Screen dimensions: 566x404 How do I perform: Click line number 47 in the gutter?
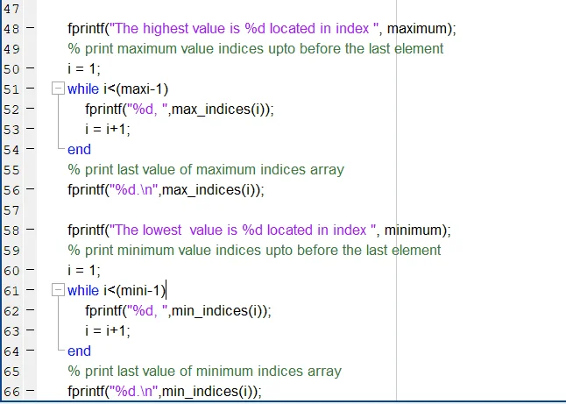11,8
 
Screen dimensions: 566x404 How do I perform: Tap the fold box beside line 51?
58,89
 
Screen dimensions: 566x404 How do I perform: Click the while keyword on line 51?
83,89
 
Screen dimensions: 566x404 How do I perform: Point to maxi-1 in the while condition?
142,89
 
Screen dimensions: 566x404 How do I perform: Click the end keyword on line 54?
79,150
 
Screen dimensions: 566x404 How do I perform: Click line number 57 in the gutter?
11,210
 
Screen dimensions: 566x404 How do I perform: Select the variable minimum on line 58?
413,230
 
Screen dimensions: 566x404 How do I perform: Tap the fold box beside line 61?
58,290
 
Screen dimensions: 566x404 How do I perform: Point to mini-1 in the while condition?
141,291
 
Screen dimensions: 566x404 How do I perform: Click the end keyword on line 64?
79,351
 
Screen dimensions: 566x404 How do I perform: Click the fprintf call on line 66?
86,392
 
